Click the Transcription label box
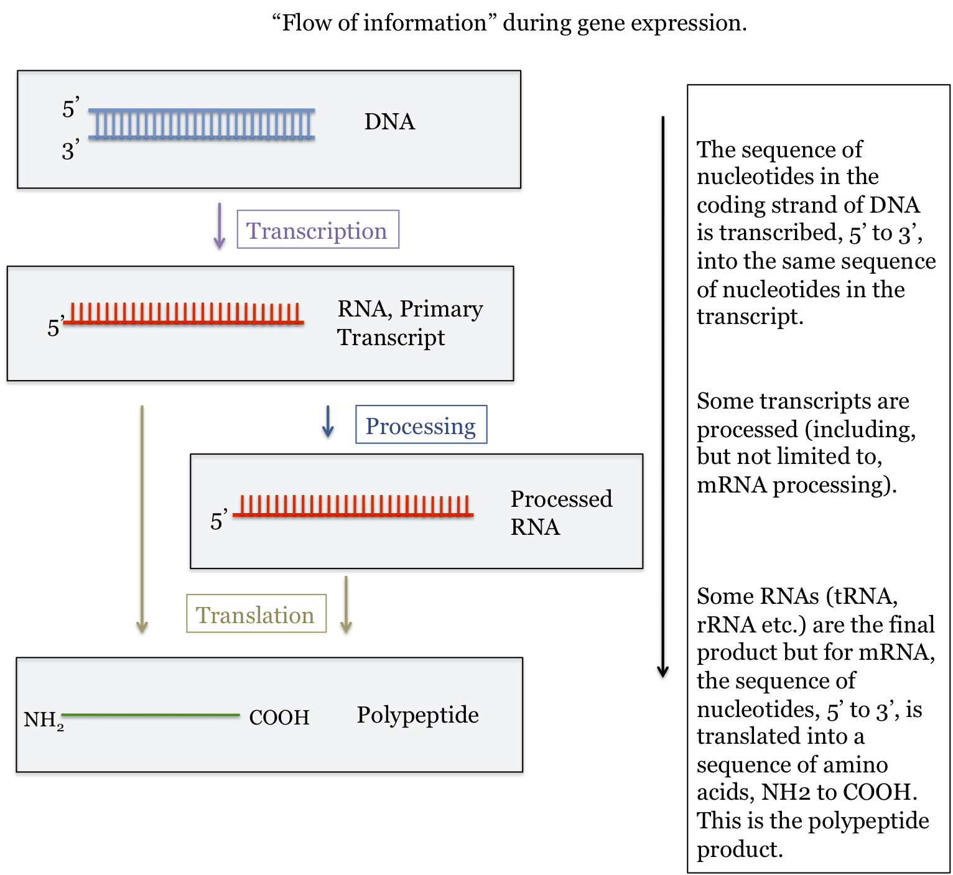coord(317,229)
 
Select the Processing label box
coord(421,425)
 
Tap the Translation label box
coord(256,614)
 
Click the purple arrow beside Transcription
coord(219,226)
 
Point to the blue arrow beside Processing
coord(328,422)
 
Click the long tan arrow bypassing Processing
coord(142,519)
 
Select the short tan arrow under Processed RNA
coord(346,604)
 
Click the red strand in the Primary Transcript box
coord(184,315)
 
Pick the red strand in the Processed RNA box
coord(353,507)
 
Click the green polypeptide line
coord(151,716)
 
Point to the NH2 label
coord(43,720)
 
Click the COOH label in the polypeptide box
coord(279,718)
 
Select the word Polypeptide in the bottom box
coord(417,715)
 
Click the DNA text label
coord(389,122)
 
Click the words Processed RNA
coord(560,512)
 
